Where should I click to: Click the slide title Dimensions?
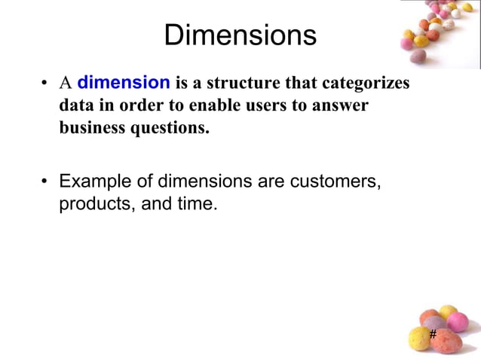click(240, 35)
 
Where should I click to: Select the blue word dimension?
click(124, 82)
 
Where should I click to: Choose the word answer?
click(341, 105)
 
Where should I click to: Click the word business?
click(93, 128)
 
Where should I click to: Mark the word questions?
click(170, 128)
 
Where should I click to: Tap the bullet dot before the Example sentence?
click(46, 182)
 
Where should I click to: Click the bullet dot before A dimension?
click(46, 83)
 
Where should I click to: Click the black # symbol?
click(433, 334)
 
